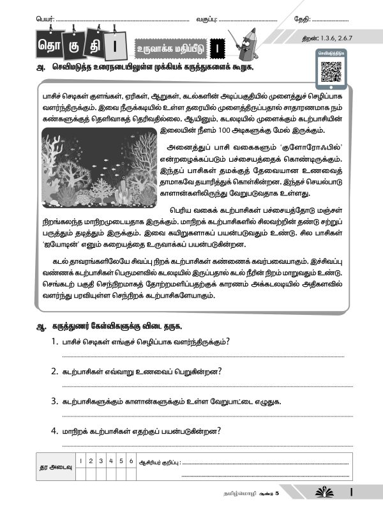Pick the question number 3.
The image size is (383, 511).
[x=55, y=401]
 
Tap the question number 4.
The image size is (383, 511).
[x=55, y=432]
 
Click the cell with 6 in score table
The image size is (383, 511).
[x=130, y=461]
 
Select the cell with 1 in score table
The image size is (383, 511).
[x=80, y=461]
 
